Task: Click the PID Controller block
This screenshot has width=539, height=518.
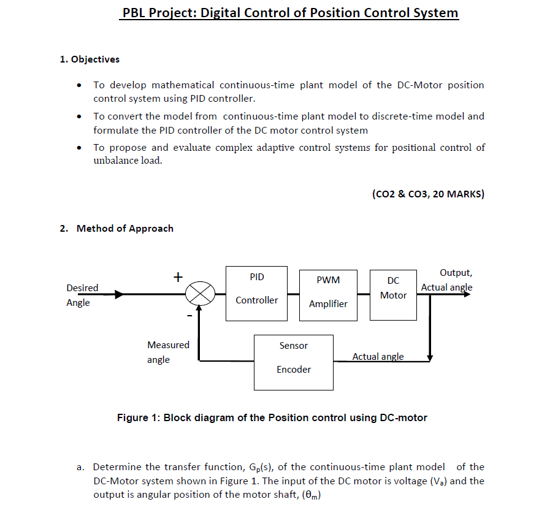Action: [x=256, y=294]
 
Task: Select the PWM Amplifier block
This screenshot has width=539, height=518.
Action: [x=328, y=295]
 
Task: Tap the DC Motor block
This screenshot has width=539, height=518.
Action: [x=393, y=294]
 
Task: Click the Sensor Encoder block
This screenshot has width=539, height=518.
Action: [x=294, y=362]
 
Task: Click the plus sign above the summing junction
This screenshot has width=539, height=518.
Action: [x=177, y=277]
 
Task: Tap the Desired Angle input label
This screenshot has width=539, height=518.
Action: [x=82, y=295]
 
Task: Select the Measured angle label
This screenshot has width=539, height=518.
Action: [x=167, y=352]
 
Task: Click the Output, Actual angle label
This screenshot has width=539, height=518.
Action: [x=446, y=280]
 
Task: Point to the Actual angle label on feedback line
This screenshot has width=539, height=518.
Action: [x=378, y=356]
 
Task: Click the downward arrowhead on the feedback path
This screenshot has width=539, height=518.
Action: [x=430, y=357]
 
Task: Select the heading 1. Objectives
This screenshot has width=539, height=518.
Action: [x=90, y=59]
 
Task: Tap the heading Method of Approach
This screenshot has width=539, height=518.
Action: [x=124, y=228]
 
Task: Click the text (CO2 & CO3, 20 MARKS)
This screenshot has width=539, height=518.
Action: [x=427, y=194]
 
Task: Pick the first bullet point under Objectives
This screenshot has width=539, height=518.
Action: [x=79, y=85]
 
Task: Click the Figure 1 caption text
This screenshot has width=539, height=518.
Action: [x=272, y=417]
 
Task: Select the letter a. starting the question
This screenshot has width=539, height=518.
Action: [x=80, y=467]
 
